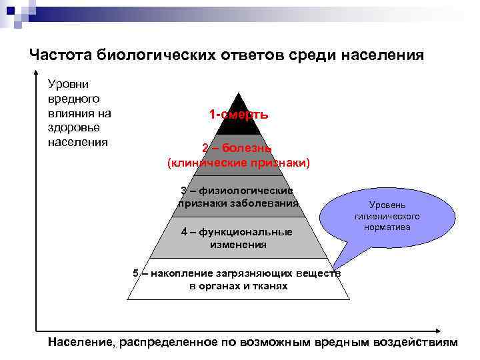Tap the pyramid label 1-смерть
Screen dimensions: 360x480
click(x=238, y=115)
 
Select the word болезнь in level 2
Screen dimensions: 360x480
click(x=247, y=148)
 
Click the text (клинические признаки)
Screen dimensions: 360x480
click(x=238, y=162)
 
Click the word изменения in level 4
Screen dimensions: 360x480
click(x=238, y=245)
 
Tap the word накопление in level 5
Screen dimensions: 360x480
click(x=185, y=273)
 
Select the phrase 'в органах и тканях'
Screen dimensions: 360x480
click(x=238, y=286)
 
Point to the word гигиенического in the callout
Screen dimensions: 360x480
click(x=387, y=217)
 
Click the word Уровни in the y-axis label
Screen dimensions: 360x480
click(x=64, y=84)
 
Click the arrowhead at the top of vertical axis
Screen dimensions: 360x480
click(x=37, y=72)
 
